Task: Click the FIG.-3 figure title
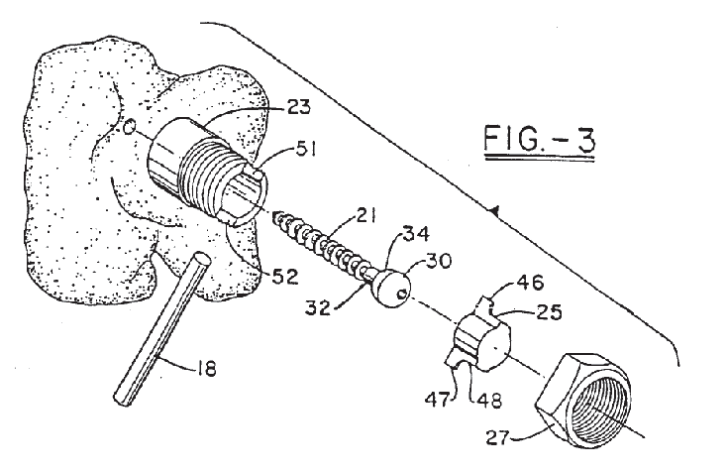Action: click(539, 139)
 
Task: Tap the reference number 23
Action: click(296, 107)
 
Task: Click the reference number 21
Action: click(365, 215)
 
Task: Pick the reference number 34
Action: click(416, 234)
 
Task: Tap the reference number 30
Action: click(437, 261)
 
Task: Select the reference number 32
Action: click(318, 307)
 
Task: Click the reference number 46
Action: click(529, 282)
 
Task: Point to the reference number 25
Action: click(548, 311)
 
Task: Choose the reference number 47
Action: click(438, 399)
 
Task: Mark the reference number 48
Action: click(488, 400)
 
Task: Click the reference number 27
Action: click(498, 437)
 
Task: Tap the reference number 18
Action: click(207, 370)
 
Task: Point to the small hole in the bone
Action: click(130, 126)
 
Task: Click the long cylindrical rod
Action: click(160, 329)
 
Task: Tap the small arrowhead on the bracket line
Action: click(494, 211)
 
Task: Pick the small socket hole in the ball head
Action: click(403, 293)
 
